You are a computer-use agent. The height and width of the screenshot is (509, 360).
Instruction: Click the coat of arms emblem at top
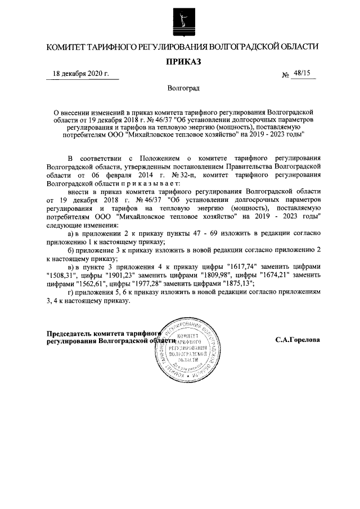[180, 22]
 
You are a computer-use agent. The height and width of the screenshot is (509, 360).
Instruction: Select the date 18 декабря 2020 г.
[80, 74]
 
